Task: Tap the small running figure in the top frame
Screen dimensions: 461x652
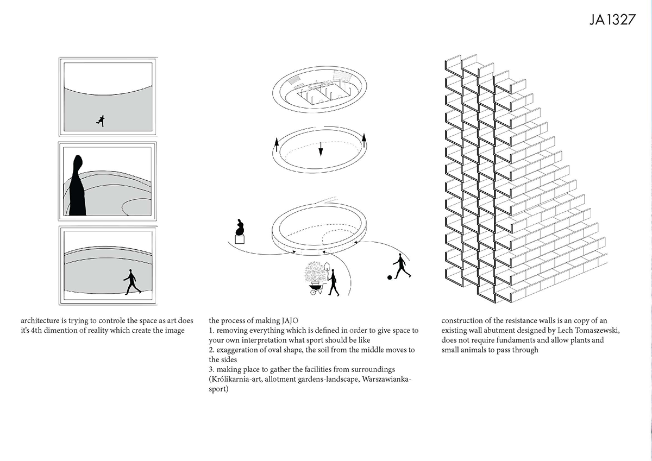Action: point(99,121)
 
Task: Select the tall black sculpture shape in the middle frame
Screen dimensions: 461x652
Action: point(77,186)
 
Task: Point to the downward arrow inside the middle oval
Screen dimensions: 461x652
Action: point(321,148)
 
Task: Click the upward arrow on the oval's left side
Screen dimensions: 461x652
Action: point(277,144)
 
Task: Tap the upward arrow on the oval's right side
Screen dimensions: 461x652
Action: point(363,139)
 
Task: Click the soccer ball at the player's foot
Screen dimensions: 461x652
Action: point(389,277)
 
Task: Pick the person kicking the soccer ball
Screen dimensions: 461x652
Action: point(400,266)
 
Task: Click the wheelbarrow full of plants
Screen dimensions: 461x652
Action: point(314,281)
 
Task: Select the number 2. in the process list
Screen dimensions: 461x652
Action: point(212,350)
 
